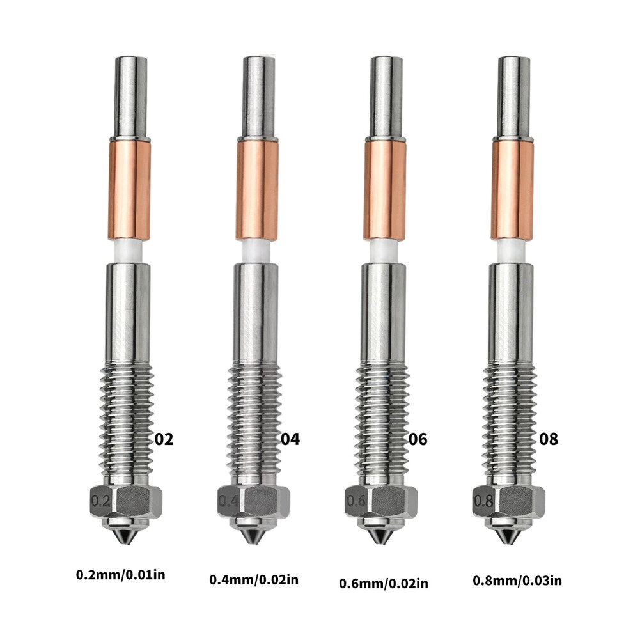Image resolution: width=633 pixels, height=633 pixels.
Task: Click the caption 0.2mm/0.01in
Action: [120, 574]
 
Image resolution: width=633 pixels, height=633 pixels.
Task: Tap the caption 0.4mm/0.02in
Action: [254, 580]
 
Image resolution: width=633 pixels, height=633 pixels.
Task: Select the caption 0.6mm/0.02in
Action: [384, 583]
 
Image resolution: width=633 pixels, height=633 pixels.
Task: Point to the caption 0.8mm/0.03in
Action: [517, 581]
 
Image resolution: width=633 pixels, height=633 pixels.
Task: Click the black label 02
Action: [164, 439]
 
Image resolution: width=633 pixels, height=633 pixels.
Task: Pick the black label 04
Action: [290, 439]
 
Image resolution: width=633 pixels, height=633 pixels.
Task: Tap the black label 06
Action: [418, 439]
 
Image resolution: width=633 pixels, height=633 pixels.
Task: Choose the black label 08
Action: [549, 439]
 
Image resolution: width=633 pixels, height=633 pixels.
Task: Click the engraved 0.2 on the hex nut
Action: [100, 501]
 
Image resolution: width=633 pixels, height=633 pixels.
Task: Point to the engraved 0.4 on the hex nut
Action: [228, 501]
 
